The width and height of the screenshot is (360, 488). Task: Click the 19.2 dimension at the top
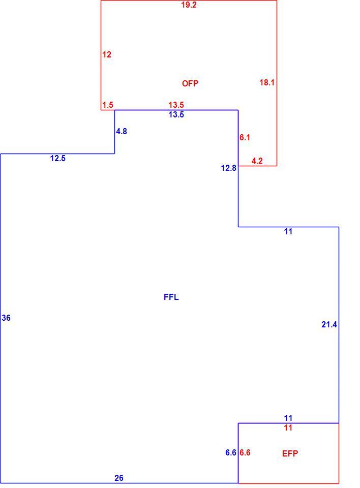189,5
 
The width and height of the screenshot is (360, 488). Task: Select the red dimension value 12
107,55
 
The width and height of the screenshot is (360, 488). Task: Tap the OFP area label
190,83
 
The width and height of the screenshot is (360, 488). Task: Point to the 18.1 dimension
267,82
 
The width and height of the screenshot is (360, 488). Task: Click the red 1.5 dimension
108,105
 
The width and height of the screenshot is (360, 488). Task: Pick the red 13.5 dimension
176,105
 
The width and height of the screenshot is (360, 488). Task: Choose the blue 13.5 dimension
176,115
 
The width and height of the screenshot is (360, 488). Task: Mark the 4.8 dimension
122,132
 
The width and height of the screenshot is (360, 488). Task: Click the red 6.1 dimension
245,138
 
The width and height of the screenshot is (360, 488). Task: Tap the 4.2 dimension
257,161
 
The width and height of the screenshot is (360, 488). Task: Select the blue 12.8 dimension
229,168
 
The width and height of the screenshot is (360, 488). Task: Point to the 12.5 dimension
58,159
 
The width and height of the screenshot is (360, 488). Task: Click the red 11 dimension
288,428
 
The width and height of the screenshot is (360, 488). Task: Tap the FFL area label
171,297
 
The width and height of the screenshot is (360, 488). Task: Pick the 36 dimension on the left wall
6,318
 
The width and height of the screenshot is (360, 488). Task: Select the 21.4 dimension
329,325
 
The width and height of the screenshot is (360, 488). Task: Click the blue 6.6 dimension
231,453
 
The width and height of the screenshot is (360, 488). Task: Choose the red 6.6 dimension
245,453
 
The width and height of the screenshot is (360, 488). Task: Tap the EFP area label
290,454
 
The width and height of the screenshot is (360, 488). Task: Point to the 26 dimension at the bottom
119,478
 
